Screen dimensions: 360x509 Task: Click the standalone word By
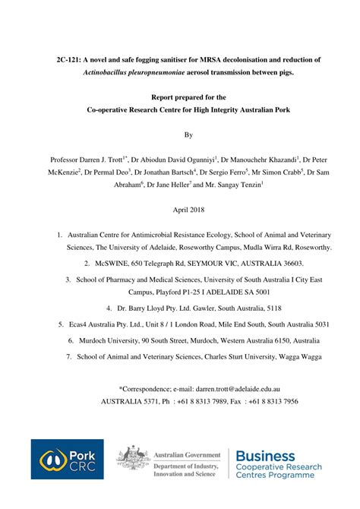tap(178, 134)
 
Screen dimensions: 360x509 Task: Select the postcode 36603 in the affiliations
tap(290, 262)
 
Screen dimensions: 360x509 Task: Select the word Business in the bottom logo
tap(266, 456)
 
